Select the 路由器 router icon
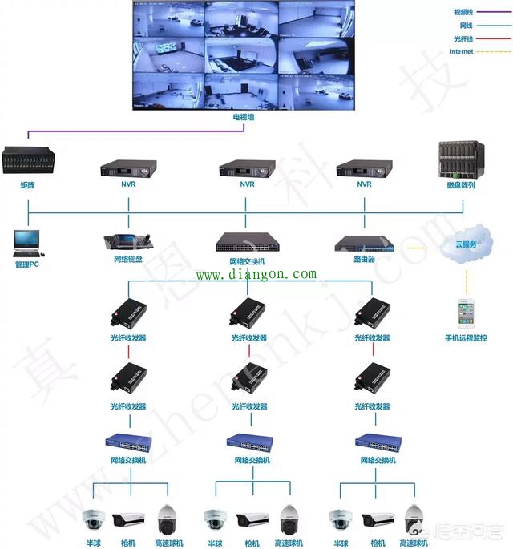point(366,243)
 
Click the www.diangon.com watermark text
point(256,275)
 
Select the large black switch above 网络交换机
point(248,243)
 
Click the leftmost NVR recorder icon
point(128,168)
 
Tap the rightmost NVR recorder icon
point(365,168)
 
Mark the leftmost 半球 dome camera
point(95,520)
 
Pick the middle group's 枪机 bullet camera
point(252,521)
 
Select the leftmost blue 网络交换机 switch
point(128,442)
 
